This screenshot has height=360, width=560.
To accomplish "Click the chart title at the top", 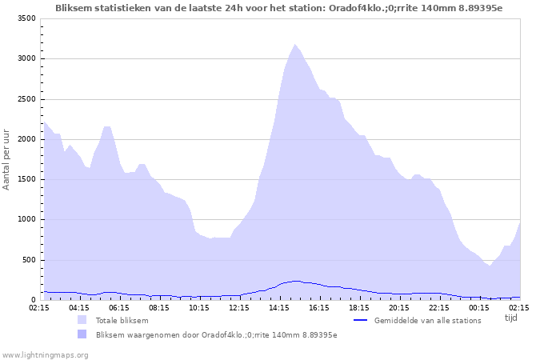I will pyautogui.click(x=279, y=8).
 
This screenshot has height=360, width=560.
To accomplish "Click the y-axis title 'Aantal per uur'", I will pyautogui.click(x=7, y=158).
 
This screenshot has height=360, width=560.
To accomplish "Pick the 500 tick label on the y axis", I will pyautogui.click(x=28, y=260).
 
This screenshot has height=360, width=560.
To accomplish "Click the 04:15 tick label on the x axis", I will pyautogui.click(x=79, y=307).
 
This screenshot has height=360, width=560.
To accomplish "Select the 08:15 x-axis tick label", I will pyautogui.click(x=159, y=307).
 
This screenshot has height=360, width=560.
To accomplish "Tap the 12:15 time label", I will pyautogui.click(x=239, y=307).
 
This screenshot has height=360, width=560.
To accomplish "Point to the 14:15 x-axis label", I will pyautogui.click(x=279, y=307).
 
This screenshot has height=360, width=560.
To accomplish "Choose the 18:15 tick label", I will pyautogui.click(x=359, y=307).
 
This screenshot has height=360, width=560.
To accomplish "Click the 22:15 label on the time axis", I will pyautogui.click(x=439, y=307).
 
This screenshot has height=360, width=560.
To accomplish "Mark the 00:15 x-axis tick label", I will pyautogui.click(x=479, y=307).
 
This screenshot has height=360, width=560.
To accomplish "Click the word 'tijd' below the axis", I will pyautogui.click(x=511, y=318).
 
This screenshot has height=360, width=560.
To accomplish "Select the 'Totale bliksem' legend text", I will pyautogui.click(x=122, y=321).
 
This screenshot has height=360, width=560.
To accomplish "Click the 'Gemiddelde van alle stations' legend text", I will pyautogui.click(x=427, y=321).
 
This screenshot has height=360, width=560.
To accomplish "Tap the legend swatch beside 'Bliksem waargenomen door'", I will pyautogui.click(x=82, y=334).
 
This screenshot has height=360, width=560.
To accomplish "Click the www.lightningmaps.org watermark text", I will pyautogui.click(x=45, y=354).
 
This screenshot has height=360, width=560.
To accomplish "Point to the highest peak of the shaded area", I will pyautogui.click(x=294, y=45).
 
